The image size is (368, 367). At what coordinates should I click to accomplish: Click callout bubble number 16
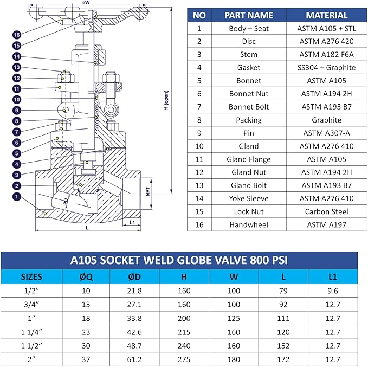point(17,35)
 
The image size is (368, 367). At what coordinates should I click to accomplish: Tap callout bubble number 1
point(17,197)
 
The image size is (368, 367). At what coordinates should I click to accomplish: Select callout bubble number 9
point(17,111)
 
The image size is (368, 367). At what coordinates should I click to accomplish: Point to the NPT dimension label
point(148,191)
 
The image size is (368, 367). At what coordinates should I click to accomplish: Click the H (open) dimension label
point(166,100)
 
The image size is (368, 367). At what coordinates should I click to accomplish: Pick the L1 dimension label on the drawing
point(132,222)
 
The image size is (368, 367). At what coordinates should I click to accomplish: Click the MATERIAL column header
point(327,15)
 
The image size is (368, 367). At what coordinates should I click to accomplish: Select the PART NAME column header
point(249,15)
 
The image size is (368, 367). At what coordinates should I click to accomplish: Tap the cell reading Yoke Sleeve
point(249,198)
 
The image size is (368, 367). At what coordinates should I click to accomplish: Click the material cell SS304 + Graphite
point(327,68)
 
